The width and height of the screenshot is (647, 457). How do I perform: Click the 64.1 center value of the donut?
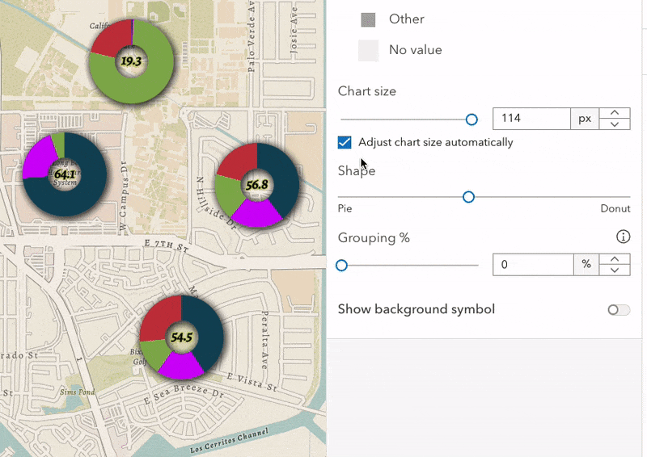[x=65, y=174]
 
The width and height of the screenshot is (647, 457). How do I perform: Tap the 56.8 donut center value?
[x=257, y=185]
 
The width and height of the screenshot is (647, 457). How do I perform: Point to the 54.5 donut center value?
[x=181, y=338]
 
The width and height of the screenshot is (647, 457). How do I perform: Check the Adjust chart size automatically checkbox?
[x=345, y=142]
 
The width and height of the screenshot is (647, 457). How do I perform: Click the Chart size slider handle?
[x=472, y=119]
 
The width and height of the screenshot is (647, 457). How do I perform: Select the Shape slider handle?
[x=468, y=197]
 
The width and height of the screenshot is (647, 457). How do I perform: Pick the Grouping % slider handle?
[x=341, y=265]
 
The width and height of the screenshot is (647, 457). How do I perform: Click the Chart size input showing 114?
[x=531, y=119]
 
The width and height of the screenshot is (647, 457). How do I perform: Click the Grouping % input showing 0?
[x=532, y=264]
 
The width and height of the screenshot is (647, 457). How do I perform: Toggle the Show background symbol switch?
[x=619, y=310]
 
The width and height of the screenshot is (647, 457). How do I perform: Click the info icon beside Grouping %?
[x=623, y=237]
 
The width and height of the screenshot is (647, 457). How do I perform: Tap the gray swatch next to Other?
[x=368, y=19]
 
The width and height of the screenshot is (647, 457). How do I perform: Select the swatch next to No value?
[x=368, y=50]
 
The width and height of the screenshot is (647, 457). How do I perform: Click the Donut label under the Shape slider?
[x=615, y=208]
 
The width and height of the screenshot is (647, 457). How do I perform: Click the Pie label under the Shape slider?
[x=345, y=208]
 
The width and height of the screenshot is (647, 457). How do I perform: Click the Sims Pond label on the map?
[x=77, y=392]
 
